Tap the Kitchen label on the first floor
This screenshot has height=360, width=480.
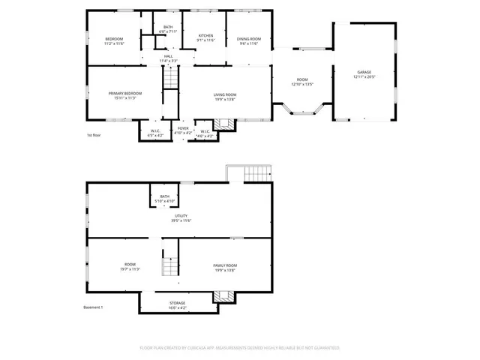[205, 35]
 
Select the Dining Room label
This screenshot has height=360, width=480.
[249, 38]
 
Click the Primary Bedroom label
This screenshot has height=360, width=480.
[124, 93]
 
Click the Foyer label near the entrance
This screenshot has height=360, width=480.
[183, 128]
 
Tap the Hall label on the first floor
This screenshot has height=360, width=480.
[169, 57]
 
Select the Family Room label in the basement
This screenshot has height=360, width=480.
[225, 265]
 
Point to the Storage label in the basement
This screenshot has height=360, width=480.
[177, 303]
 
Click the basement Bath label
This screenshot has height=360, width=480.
[164, 196]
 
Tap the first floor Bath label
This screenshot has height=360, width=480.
[168, 27]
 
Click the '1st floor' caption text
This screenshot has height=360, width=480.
[94, 136]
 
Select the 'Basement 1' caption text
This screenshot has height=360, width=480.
[93, 307]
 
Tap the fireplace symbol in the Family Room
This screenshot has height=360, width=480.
[221, 297]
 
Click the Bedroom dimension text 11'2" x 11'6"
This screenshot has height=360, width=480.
[114, 43]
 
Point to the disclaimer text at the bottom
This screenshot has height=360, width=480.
[240, 348]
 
